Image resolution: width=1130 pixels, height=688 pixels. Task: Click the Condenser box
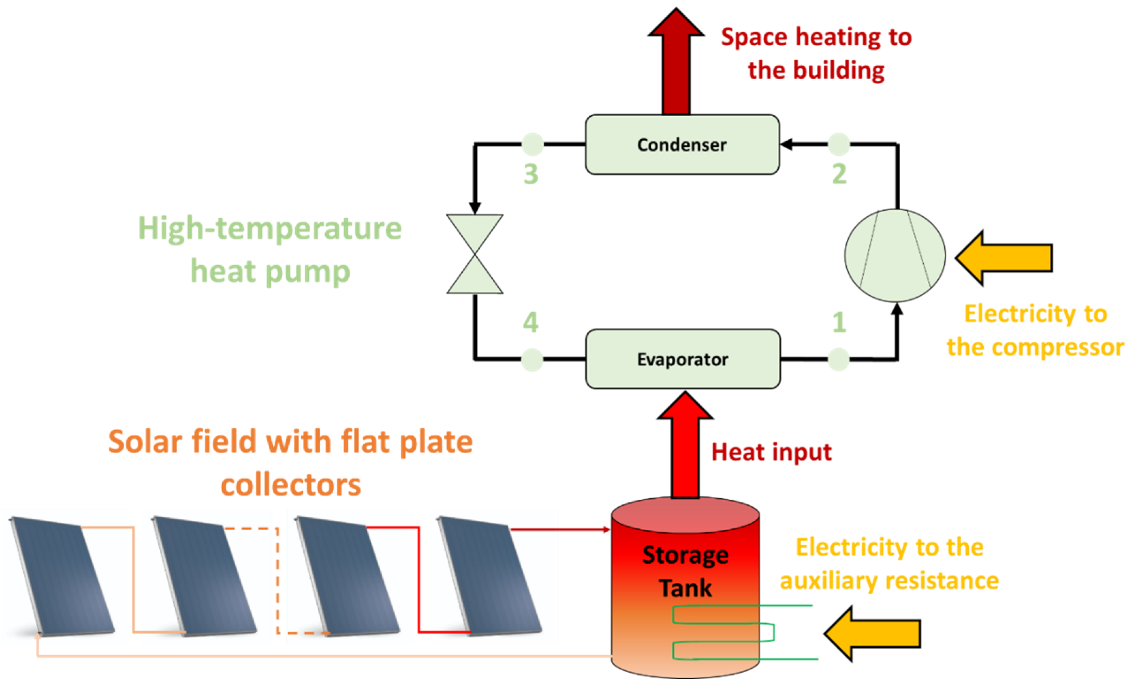682,144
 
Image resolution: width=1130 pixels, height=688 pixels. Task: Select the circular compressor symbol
895,255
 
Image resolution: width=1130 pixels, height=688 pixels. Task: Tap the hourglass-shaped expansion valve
475,254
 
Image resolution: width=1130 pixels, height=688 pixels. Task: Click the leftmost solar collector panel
62,576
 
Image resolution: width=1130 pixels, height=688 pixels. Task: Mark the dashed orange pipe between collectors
277,580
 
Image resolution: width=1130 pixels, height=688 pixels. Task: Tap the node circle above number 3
532,144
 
